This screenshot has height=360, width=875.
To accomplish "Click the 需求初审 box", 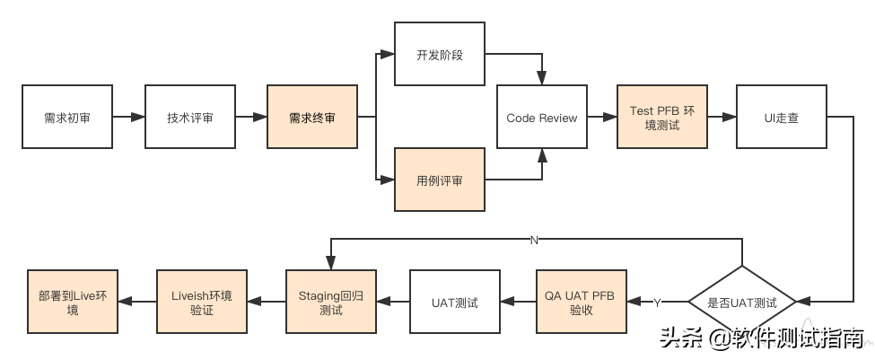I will click(x=66, y=118).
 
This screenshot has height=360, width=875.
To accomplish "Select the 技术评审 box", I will click(x=190, y=118).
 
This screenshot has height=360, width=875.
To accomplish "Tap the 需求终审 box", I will click(x=312, y=118).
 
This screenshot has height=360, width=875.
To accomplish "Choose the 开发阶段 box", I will click(x=440, y=55).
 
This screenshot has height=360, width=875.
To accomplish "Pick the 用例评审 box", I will click(x=440, y=180).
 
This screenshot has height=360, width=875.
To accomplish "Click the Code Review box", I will click(x=542, y=118).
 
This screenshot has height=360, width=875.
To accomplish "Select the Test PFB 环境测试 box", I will click(x=662, y=118).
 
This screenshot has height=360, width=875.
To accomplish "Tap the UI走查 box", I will click(x=781, y=118).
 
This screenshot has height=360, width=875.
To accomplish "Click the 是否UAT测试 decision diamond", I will click(x=742, y=303).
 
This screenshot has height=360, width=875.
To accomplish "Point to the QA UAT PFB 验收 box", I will click(x=582, y=303).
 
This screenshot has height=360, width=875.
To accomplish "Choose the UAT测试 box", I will click(x=455, y=303).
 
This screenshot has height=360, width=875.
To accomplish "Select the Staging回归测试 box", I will click(x=331, y=303).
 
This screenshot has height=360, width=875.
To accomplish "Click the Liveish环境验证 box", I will click(x=201, y=303).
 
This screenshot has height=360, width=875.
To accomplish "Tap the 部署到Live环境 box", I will click(x=72, y=303).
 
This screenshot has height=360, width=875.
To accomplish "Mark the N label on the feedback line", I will click(x=533, y=241).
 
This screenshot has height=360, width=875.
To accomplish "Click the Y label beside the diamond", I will click(x=657, y=301).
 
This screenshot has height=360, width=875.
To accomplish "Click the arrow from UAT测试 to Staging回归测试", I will click(x=393, y=303).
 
